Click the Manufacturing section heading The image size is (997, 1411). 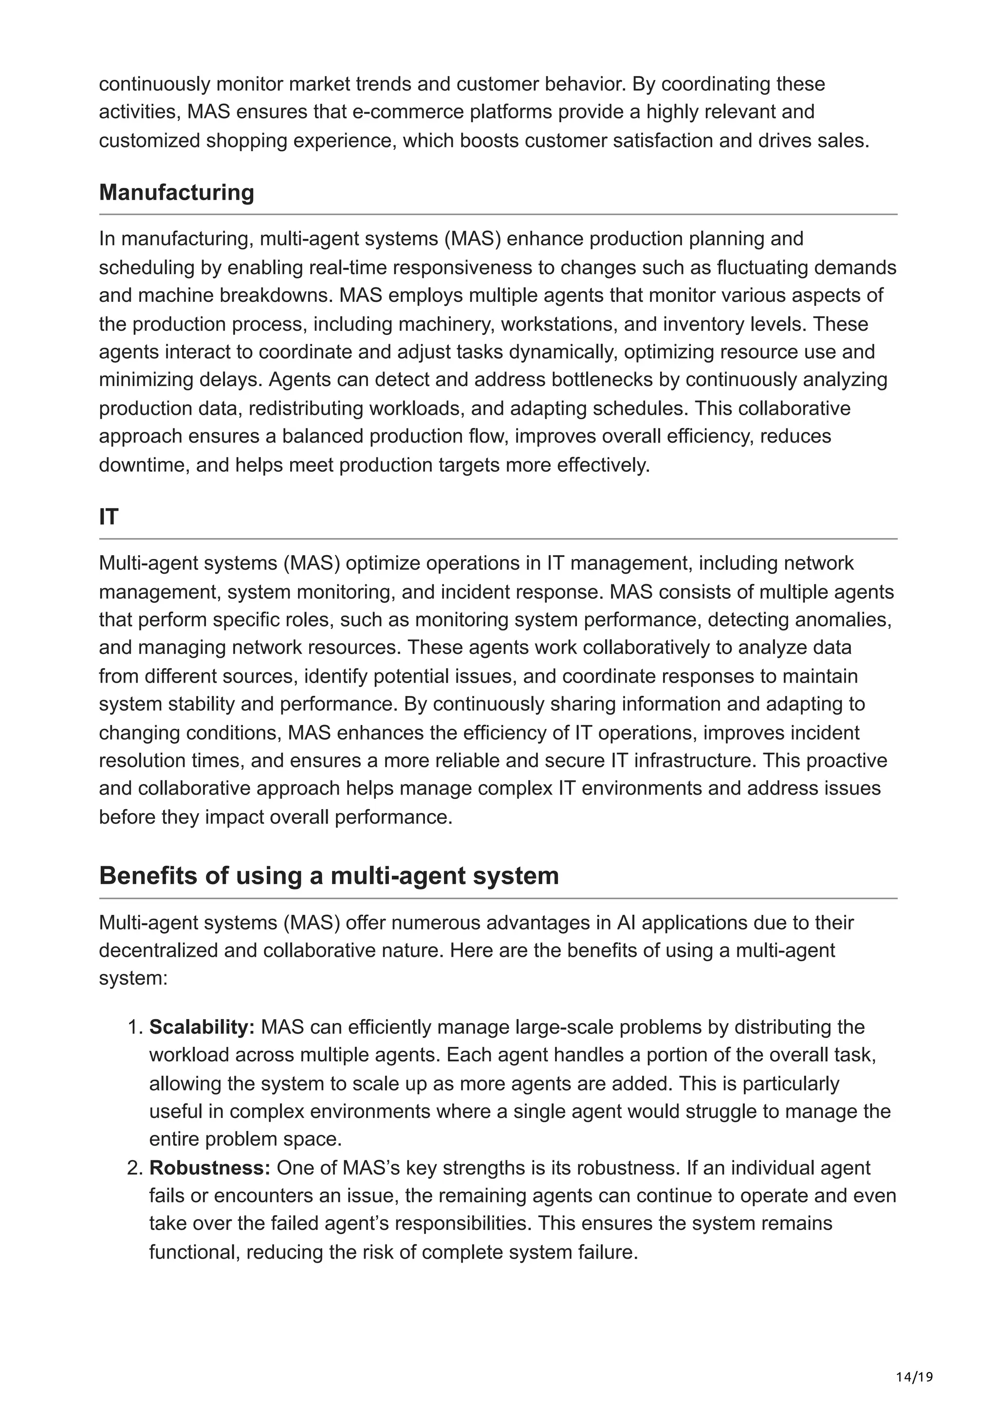click(176, 192)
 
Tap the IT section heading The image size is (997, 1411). click(108, 517)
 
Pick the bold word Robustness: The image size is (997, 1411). click(209, 1168)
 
